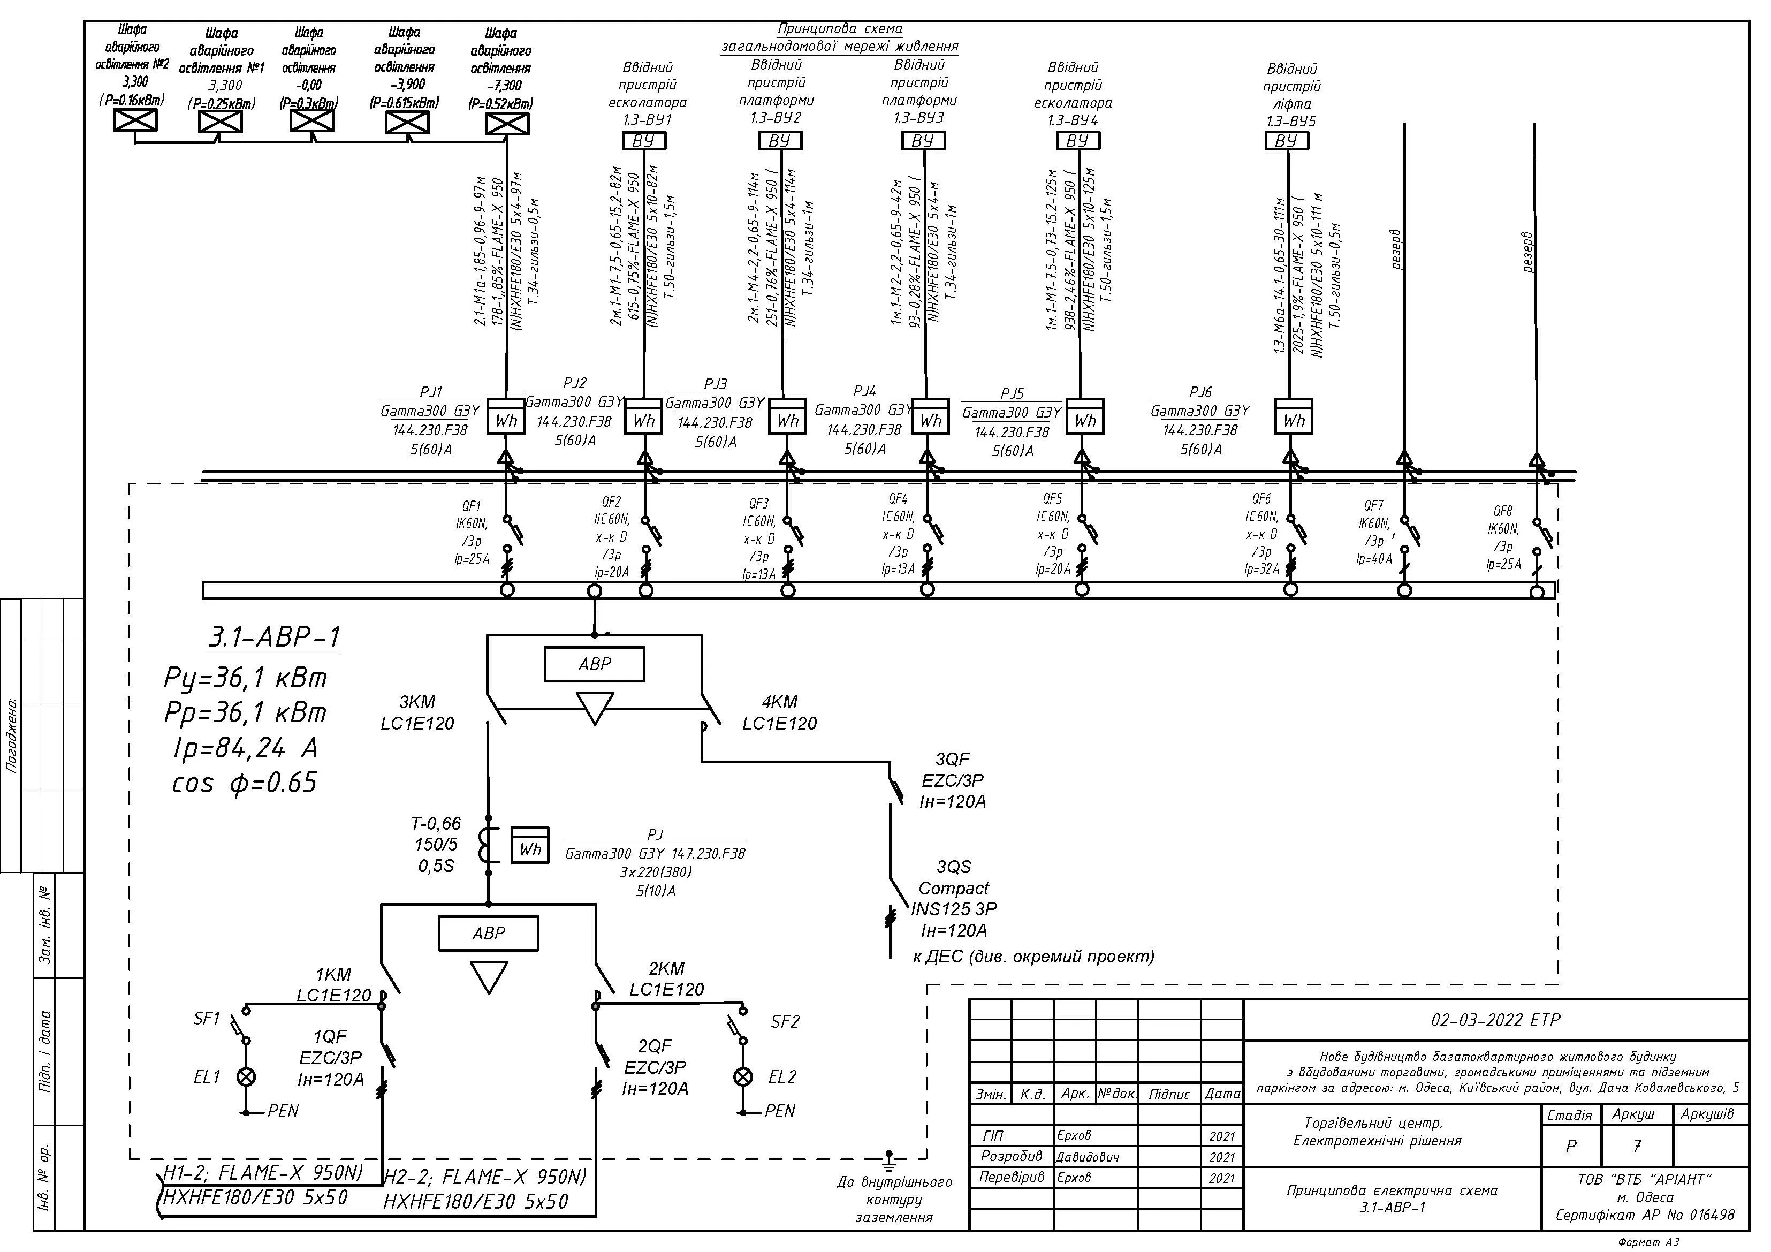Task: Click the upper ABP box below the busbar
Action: coord(594,663)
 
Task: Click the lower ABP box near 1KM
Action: coord(488,934)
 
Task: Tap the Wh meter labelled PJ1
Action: coord(506,416)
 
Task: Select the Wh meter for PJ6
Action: coord(1294,416)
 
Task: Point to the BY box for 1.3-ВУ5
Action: coord(1287,140)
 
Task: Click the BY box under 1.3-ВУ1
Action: coord(644,140)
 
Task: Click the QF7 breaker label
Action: coord(1374,532)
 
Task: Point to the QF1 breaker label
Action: coord(472,532)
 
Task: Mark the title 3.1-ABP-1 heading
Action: coord(275,637)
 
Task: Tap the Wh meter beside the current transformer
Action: coord(530,846)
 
